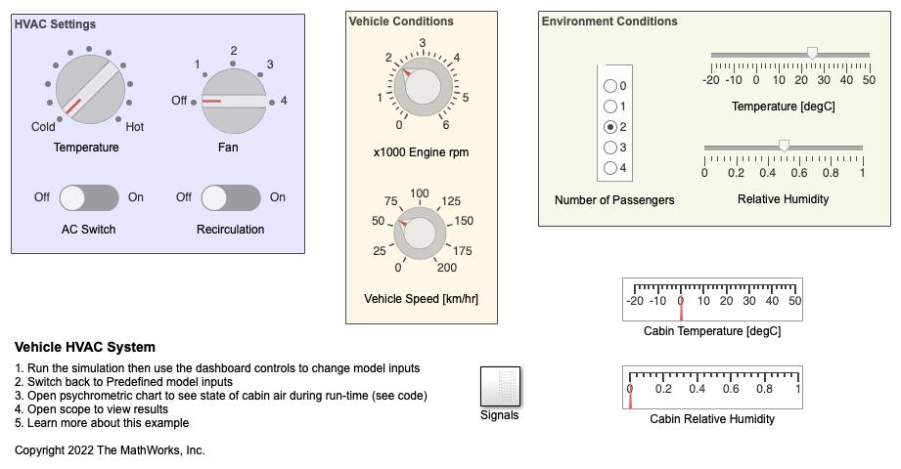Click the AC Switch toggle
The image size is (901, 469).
click(x=89, y=197)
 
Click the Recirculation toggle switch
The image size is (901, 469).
click(x=231, y=197)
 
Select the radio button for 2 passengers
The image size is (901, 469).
click(x=611, y=127)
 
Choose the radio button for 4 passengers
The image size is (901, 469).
click(x=611, y=168)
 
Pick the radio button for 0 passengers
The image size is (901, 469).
click(x=611, y=86)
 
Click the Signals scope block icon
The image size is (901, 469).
click(x=499, y=387)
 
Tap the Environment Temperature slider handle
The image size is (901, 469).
click(x=812, y=54)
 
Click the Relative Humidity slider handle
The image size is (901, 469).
click(x=784, y=147)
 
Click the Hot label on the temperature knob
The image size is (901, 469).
click(x=135, y=126)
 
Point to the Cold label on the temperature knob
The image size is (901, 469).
click(x=43, y=126)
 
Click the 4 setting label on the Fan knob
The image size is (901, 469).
click(x=284, y=100)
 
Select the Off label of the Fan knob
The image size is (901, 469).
click(x=179, y=100)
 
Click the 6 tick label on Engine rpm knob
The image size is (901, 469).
click(x=446, y=125)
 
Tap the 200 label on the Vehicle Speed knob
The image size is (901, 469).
click(x=446, y=268)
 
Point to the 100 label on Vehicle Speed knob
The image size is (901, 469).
click(x=420, y=193)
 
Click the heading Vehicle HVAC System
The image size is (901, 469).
click(x=85, y=347)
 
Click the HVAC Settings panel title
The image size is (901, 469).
click(x=55, y=24)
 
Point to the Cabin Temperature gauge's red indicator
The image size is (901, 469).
click(x=681, y=308)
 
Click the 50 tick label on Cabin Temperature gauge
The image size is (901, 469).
click(x=794, y=301)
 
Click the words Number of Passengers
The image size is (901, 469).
click(x=614, y=199)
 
